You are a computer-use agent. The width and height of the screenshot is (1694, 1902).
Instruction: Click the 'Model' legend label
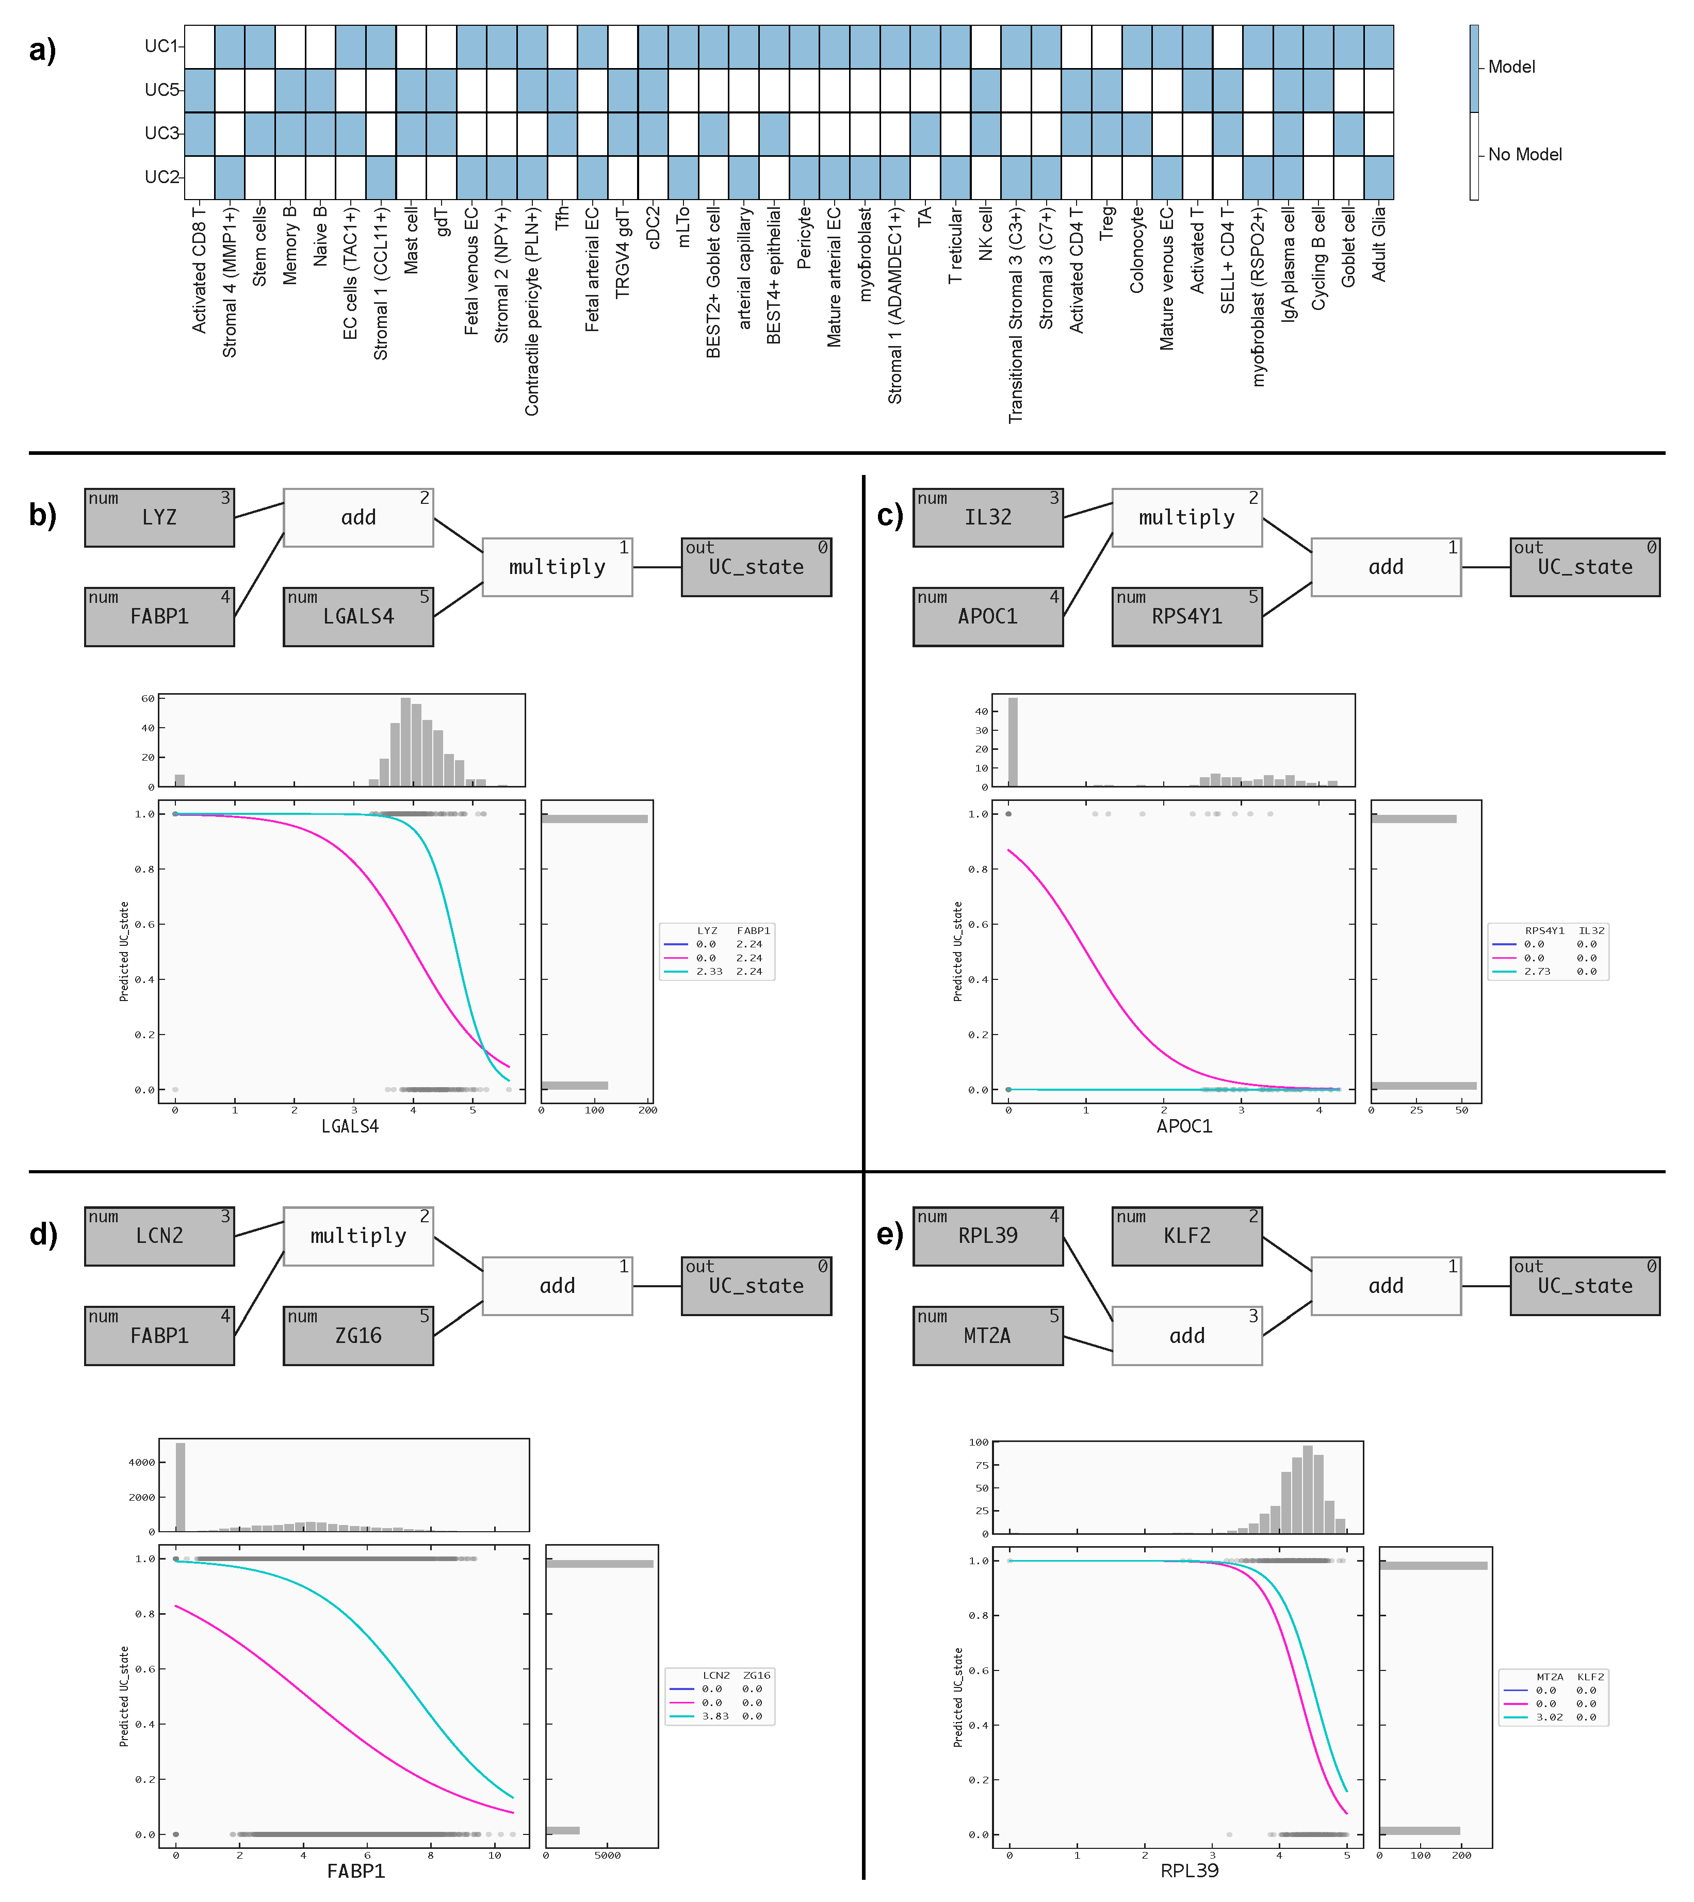click(x=1511, y=67)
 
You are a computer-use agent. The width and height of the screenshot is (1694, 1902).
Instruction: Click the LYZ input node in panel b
click(x=159, y=517)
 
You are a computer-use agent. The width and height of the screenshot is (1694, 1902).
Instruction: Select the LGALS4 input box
click(x=359, y=616)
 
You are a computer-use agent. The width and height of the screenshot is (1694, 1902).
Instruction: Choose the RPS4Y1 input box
click(x=1187, y=616)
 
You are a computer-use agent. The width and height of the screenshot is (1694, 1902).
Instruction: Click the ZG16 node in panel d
click(x=359, y=1335)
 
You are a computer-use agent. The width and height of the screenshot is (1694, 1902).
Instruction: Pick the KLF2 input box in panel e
click(x=1187, y=1236)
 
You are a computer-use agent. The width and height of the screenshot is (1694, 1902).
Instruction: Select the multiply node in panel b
click(x=557, y=567)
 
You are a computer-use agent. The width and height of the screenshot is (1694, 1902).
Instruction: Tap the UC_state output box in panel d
click(x=756, y=1286)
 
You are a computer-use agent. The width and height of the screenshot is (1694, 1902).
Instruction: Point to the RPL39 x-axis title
click(x=1188, y=1871)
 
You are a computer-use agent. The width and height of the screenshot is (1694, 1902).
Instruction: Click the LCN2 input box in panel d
click(x=159, y=1236)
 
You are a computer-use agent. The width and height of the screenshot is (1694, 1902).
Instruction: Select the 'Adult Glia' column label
click(x=1378, y=244)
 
